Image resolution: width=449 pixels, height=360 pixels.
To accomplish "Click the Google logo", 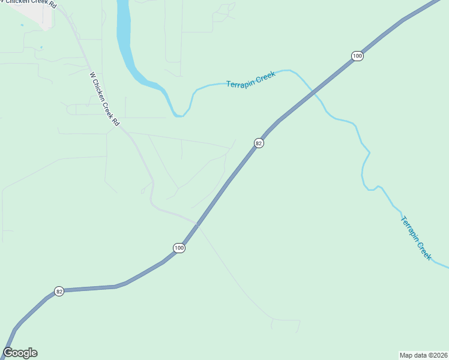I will tap(20, 353).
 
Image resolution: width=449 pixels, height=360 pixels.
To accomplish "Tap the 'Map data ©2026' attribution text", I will tap(423, 355).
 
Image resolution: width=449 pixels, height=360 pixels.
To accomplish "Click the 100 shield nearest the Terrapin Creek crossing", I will tap(357, 56).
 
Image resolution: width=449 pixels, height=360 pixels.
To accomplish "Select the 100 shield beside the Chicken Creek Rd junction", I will tap(179, 248).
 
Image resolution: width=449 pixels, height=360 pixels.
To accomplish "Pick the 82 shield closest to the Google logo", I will tap(59, 292).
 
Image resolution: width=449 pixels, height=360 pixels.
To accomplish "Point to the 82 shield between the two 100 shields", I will tap(259, 143).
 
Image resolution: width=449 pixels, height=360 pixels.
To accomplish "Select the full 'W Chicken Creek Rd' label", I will tap(104, 100).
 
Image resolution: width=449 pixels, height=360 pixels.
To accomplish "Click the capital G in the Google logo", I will tap(8, 353).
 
